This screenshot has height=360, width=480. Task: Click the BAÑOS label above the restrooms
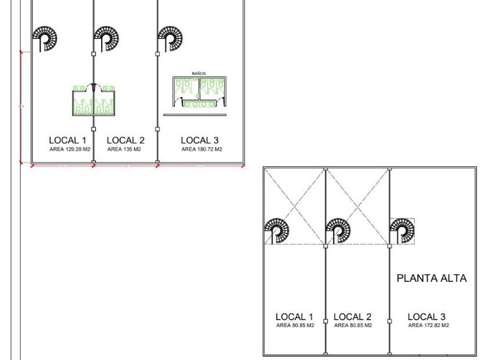pos(199,74)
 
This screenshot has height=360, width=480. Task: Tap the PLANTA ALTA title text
pos(432,279)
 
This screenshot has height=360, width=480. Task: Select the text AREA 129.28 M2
pos(70,149)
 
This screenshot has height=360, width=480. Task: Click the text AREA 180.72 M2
pos(202,149)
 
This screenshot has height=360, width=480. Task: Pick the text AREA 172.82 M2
pos(428,325)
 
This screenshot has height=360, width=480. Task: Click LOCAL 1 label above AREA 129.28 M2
pos(68,140)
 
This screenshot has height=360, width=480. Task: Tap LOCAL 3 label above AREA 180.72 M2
pos(200,140)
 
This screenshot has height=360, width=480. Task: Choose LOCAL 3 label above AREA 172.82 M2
pos(427,317)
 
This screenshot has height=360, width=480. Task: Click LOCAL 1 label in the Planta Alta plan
pos(295,317)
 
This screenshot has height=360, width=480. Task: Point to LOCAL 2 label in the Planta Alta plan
pos(353,317)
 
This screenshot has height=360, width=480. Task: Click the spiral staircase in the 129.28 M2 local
pos(45,39)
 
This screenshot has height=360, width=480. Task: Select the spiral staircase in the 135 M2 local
pos(107,39)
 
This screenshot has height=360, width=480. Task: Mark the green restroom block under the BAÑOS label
pos(198,92)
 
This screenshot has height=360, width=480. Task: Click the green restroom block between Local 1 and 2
pos(94,99)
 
